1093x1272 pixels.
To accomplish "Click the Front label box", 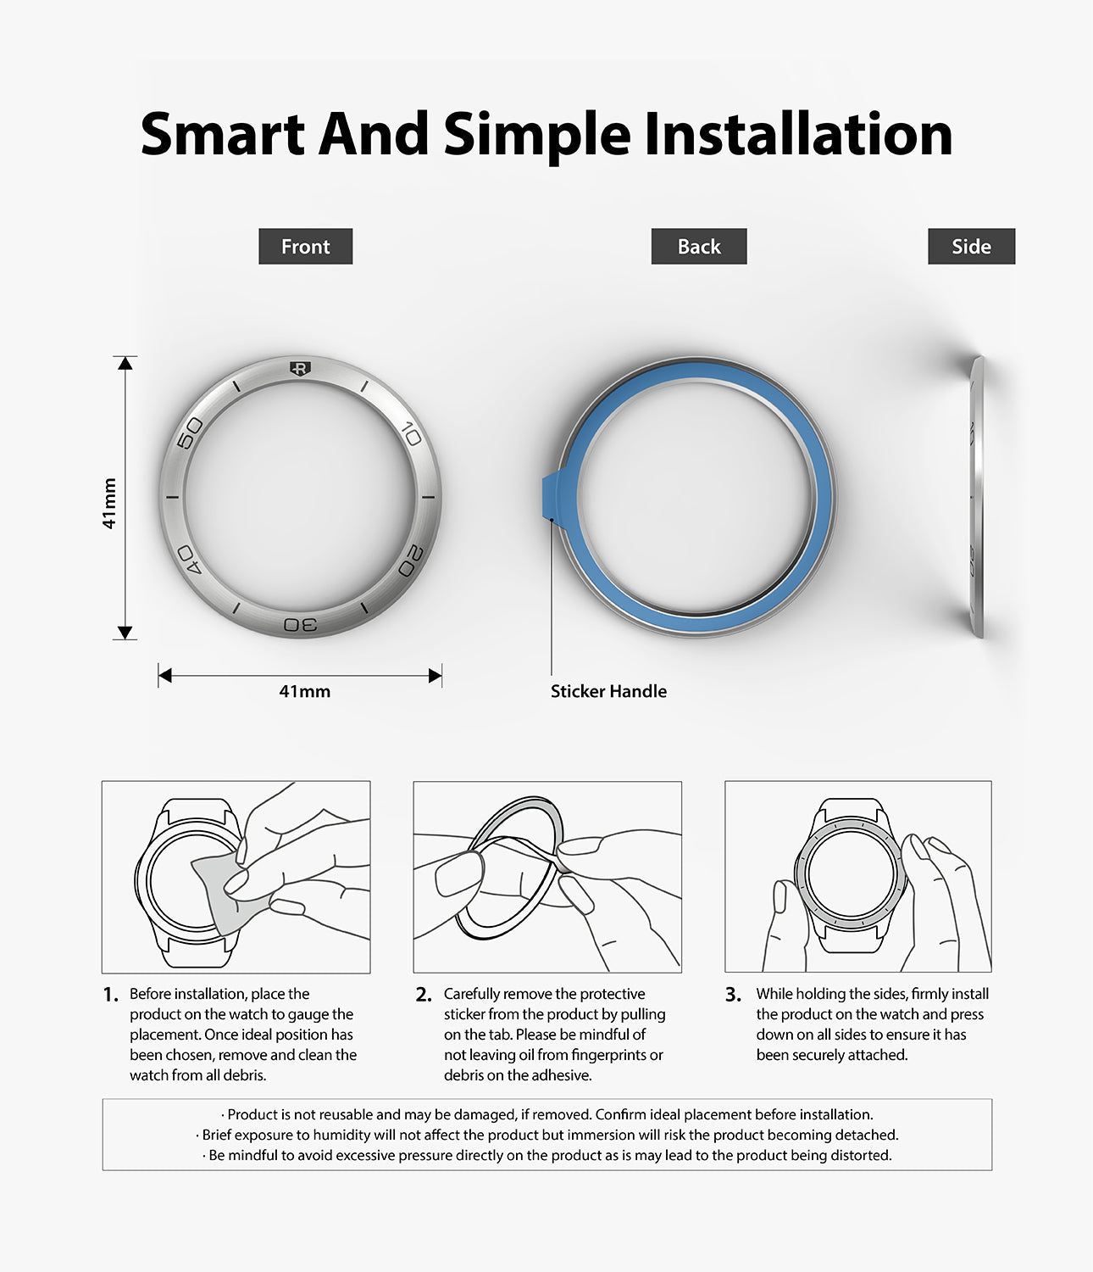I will (x=305, y=247).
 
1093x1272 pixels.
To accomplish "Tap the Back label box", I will (x=698, y=247).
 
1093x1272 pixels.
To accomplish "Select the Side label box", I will (x=971, y=247).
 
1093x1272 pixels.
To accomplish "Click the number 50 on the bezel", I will (x=191, y=432).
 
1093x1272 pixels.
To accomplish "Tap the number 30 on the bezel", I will (x=300, y=625).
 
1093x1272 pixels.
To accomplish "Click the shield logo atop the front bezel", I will (x=299, y=368).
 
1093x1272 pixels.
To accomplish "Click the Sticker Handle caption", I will (x=608, y=691).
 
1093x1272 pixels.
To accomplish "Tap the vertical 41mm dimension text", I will (x=109, y=504).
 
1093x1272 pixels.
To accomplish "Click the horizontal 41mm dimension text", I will (x=304, y=692).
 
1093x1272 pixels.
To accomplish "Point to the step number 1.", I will (x=110, y=995).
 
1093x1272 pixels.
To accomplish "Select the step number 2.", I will (x=424, y=995).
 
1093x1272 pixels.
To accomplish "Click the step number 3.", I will (x=733, y=995).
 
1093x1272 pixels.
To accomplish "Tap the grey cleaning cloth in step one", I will (x=219, y=890).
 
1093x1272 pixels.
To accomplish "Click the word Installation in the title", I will (x=798, y=134).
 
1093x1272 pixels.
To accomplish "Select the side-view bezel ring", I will (x=977, y=496).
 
